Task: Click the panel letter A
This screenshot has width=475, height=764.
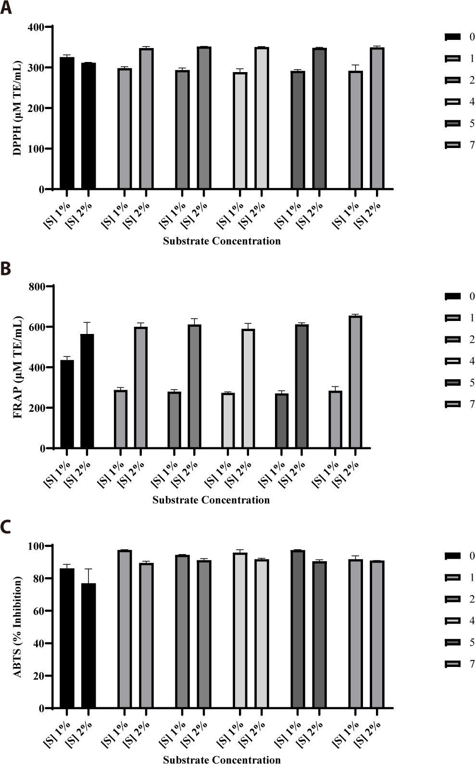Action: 6,8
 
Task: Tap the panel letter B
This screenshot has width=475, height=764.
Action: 6,269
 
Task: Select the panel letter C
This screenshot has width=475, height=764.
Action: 6,527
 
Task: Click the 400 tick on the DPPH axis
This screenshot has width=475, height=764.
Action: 37,27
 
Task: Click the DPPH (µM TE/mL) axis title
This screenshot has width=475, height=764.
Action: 17,108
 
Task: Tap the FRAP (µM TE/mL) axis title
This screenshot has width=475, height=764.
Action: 18,368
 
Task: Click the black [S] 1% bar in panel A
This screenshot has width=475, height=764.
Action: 67,123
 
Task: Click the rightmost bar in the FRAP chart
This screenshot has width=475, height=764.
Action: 355,382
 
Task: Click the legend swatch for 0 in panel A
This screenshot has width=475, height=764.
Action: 453,37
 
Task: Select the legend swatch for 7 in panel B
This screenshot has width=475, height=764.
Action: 453,405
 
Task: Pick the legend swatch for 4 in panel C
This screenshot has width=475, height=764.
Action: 453,621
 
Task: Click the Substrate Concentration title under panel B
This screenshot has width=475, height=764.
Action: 211,500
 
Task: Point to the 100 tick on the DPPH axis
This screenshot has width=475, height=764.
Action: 37,149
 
